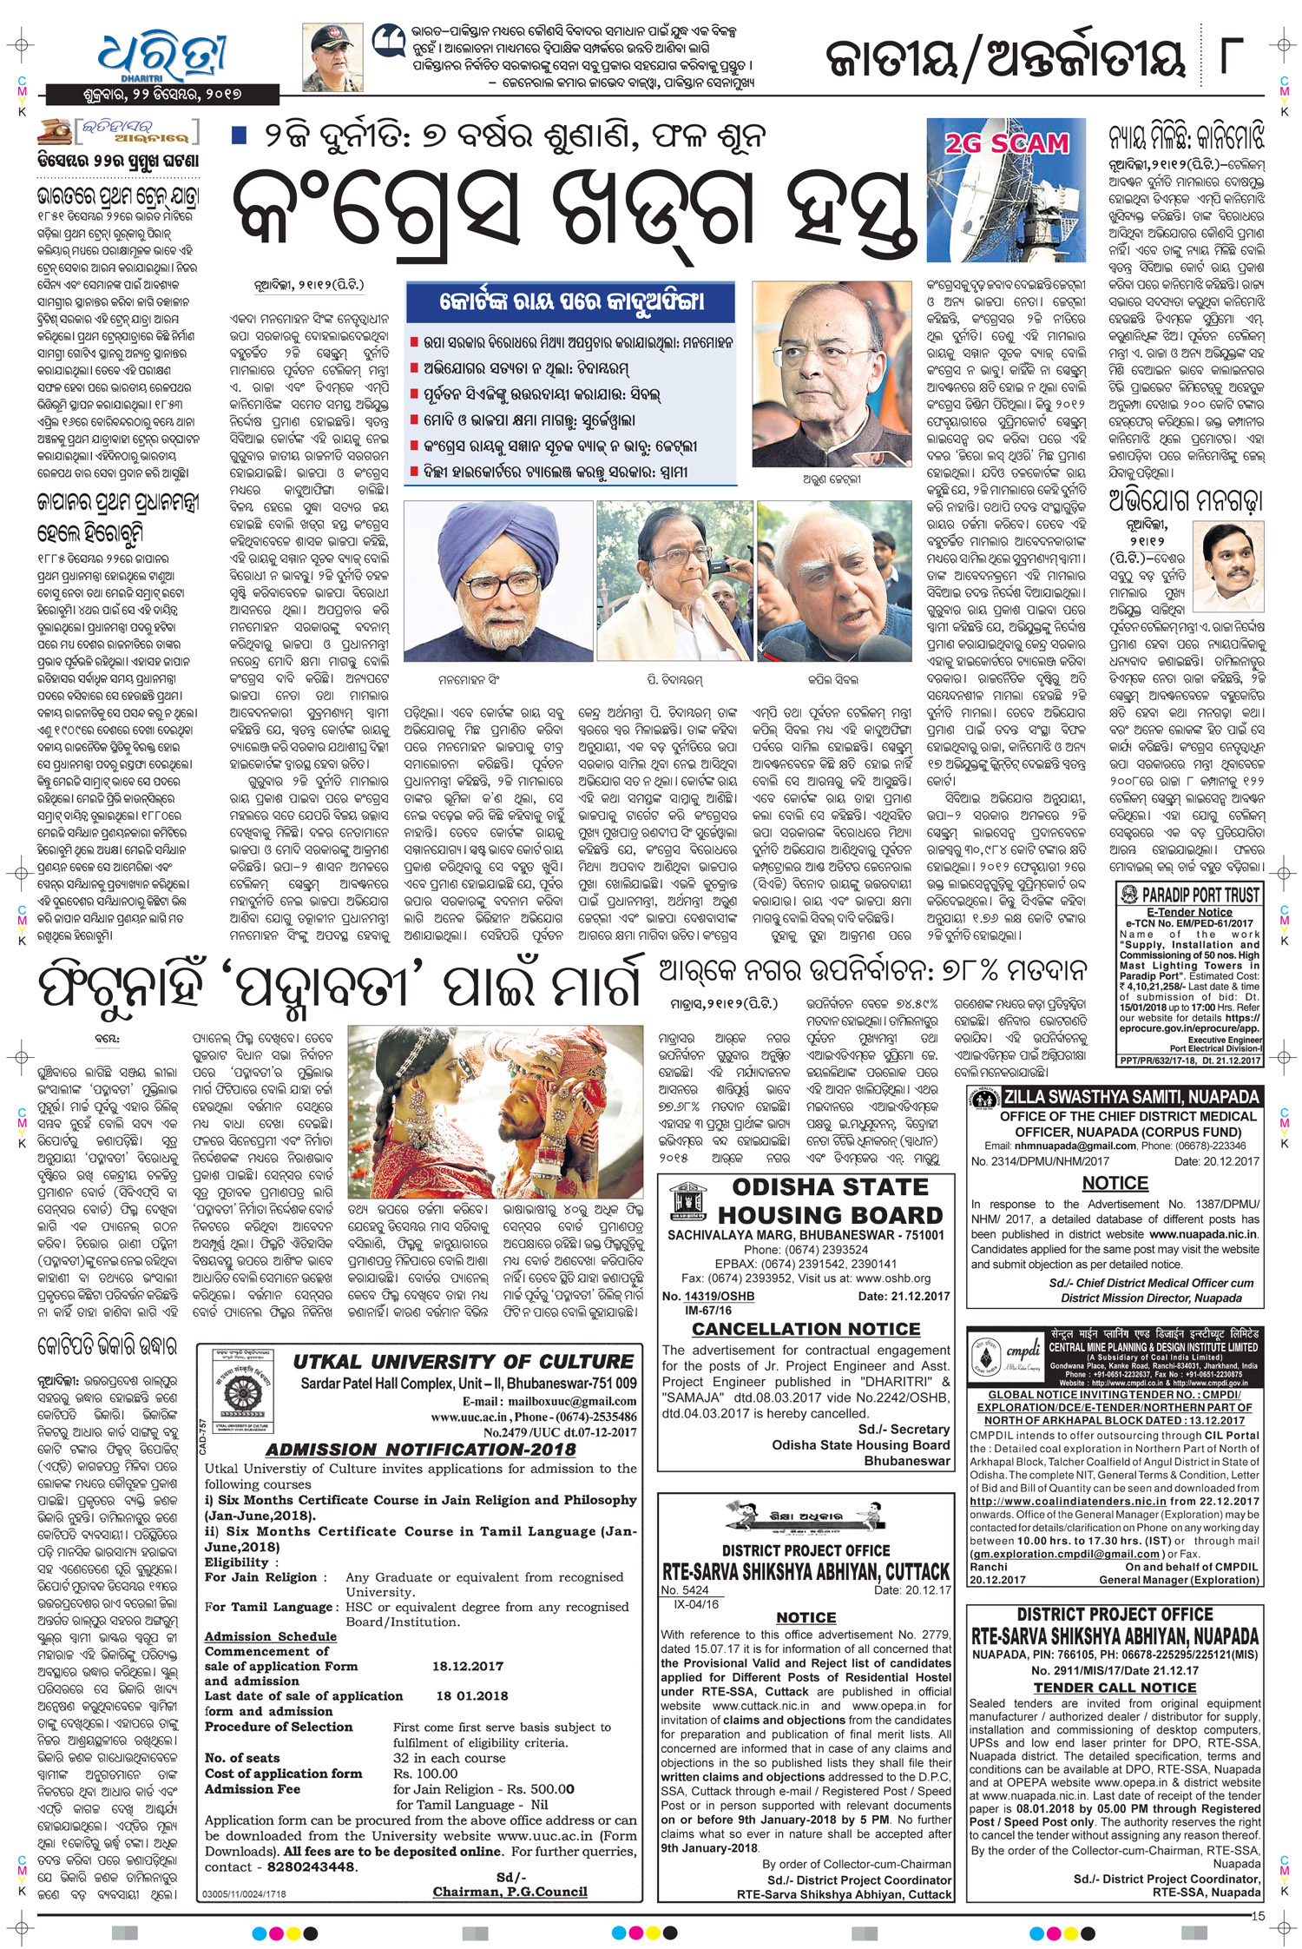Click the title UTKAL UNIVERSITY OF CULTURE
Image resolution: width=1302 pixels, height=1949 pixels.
coord(463,1362)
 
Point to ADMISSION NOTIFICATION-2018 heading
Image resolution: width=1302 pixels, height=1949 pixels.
coord(421,1450)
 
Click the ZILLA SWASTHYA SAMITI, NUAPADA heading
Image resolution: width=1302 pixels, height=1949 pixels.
coord(1130,1097)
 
